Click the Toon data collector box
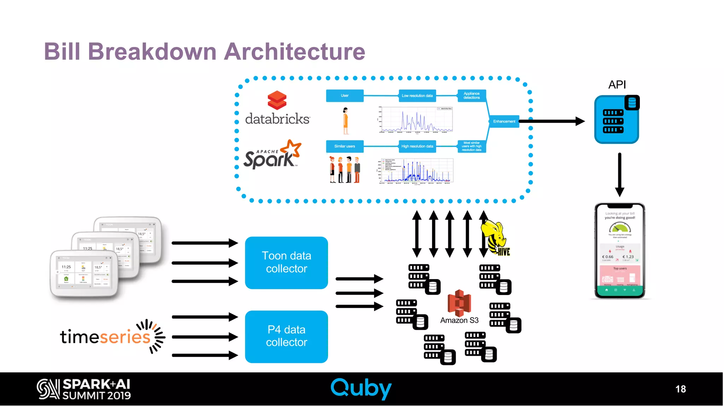(286, 263)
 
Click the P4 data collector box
(286, 336)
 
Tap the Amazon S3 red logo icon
(459, 303)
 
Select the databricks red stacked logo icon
(277, 100)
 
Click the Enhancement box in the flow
(504, 121)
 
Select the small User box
(345, 96)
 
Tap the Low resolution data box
(417, 96)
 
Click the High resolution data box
(417, 146)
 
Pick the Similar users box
(345, 146)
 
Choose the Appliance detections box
(472, 96)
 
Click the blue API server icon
(617, 120)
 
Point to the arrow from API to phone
(619, 175)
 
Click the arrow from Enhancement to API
(551, 121)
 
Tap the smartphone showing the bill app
(620, 251)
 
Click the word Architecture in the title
(294, 52)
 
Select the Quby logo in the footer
(361, 388)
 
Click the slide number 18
(681, 389)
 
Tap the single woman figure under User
(346, 121)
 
